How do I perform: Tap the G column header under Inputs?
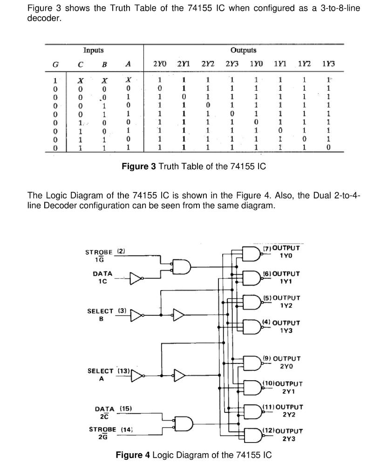[x=55, y=64]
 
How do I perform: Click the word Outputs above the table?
[x=243, y=50]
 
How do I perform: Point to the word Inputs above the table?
[x=93, y=50]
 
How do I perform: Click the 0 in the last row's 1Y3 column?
[x=328, y=147]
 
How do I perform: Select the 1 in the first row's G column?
[x=55, y=80]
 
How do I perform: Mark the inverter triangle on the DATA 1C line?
[x=136, y=278]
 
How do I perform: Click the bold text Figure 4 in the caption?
[x=133, y=455]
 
